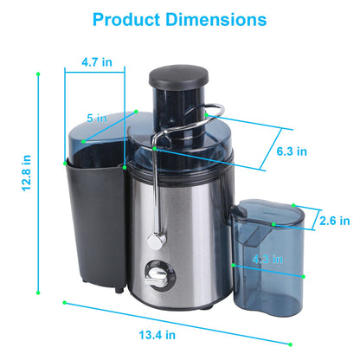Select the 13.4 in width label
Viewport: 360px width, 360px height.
(x=158, y=333)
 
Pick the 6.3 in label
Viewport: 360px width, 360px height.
(x=291, y=151)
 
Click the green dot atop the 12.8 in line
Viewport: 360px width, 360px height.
(x=38, y=74)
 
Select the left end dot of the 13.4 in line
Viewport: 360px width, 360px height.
(x=64, y=302)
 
